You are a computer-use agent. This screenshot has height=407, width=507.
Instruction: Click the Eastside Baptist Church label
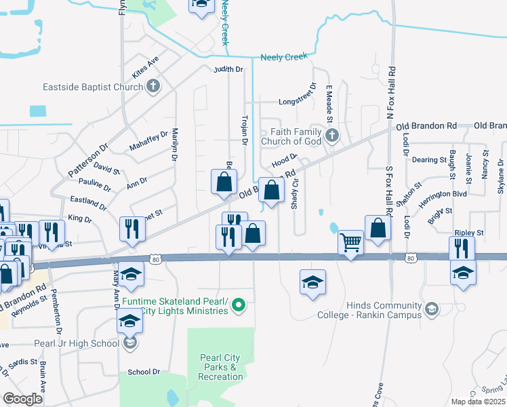click(x=92, y=87)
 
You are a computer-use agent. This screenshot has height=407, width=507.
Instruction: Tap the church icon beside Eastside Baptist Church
click(x=154, y=86)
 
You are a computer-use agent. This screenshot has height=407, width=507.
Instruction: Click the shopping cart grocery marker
click(x=350, y=241)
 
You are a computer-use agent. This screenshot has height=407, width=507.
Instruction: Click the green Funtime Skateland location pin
click(x=238, y=306)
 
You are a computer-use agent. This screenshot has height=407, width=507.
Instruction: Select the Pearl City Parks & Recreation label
click(x=221, y=367)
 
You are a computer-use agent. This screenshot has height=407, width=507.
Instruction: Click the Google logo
click(x=23, y=399)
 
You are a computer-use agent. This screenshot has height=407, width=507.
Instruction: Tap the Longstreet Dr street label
click(x=297, y=102)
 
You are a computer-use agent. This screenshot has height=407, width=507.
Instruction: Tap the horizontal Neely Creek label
click(x=284, y=57)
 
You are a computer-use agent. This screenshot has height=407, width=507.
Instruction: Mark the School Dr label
click(x=144, y=372)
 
